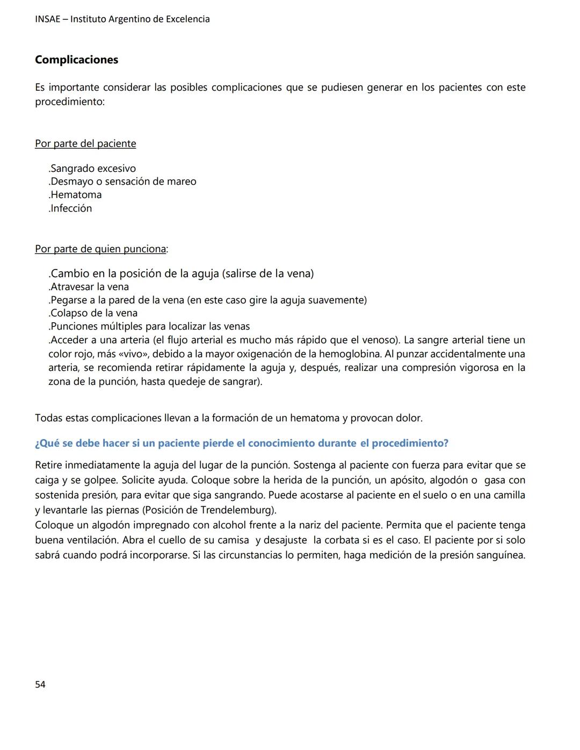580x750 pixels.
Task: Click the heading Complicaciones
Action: click(76, 60)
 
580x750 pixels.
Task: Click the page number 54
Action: click(40, 685)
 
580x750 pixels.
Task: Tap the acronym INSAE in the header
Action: click(48, 19)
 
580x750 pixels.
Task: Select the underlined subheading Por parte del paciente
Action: click(85, 144)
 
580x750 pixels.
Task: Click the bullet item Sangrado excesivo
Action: click(92, 169)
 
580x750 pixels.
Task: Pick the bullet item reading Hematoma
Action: click(75, 195)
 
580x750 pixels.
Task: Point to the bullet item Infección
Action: click(70, 208)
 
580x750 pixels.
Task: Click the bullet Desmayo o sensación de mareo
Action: click(122, 181)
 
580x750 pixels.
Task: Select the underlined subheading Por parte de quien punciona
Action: click(100, 249)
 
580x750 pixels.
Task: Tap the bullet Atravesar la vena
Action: click(89, 287)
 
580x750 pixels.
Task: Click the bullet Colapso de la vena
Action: click(93, 313)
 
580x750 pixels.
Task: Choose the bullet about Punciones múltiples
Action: click(149, 326)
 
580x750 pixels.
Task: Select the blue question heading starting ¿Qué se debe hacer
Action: click(241, 443)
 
